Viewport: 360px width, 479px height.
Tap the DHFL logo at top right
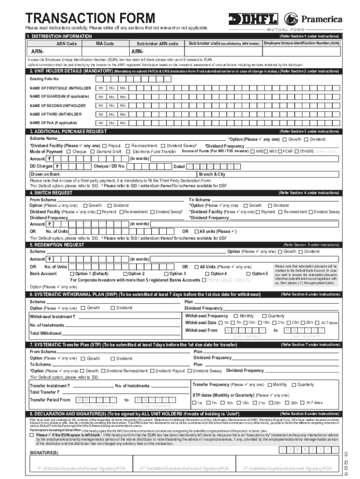(252, 19)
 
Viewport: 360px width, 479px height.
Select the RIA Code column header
(105, 44)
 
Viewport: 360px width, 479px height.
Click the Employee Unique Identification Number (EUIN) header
(302, 43)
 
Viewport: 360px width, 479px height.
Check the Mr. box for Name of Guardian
(101, 97)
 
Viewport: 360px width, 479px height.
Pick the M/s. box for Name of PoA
(123, 123)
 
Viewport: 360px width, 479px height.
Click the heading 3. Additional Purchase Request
(68, 131)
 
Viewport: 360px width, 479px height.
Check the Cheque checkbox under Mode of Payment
(69, 152)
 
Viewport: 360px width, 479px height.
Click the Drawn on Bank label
(45, 174)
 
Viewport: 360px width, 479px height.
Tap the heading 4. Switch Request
(51, 193)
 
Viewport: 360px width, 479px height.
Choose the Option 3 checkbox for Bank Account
(166, 274)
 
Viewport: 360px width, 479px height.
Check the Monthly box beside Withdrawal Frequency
(236, 316)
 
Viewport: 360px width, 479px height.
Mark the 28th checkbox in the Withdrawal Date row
(303, 322)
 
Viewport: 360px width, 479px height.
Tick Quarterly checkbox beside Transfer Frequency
(294, 385)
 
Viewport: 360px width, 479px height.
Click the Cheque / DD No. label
(109, 166)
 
